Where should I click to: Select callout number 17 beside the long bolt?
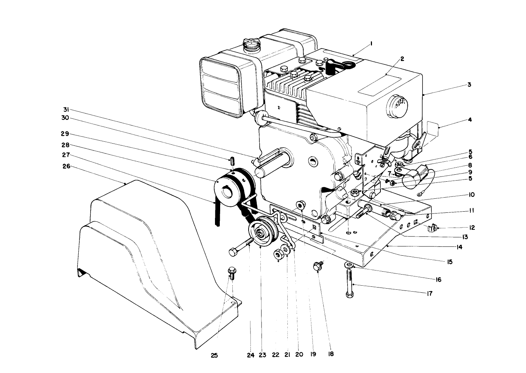click(428, 293)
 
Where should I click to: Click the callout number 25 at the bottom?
click(214, 356)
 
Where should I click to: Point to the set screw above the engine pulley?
click(232, 162)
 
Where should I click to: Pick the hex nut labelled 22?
click(279, 255)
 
